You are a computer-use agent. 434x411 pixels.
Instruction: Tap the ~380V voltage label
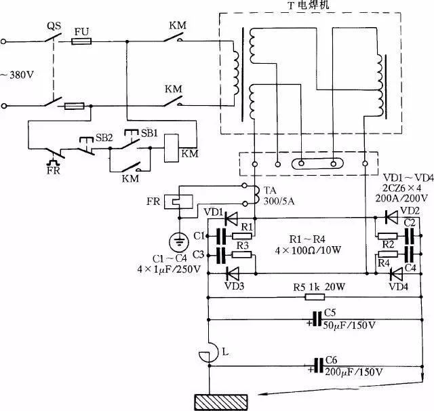click(x=18, y=74)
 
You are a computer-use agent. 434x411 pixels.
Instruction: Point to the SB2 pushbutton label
click(x=103, y=136)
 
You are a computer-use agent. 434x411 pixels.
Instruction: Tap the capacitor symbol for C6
click(x=316, y=365)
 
